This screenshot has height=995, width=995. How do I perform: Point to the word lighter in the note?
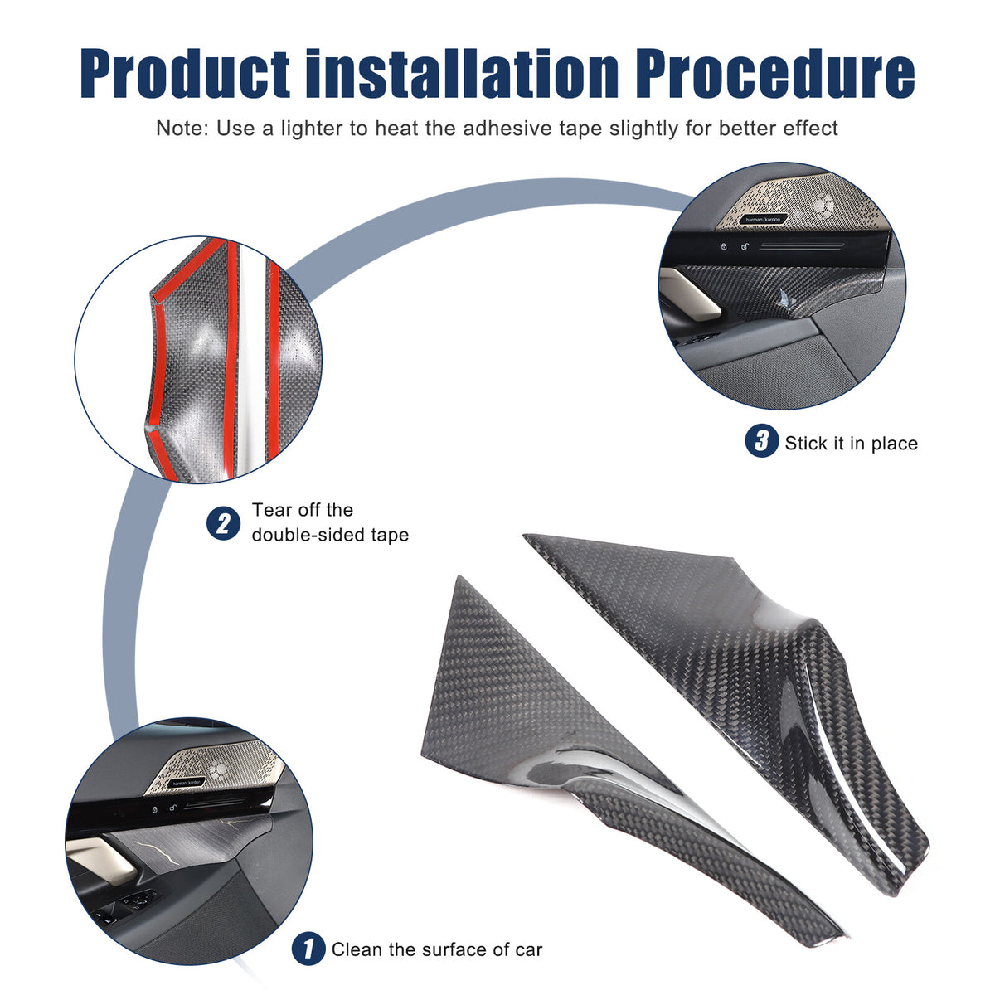(x=312, y=128)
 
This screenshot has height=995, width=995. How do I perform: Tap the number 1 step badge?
(x=308, y=949)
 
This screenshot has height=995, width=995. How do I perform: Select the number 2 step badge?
(x=224, y=523)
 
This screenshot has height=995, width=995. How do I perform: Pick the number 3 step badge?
(x=762, y=440)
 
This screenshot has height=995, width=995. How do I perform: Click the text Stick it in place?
(x=852, y=444)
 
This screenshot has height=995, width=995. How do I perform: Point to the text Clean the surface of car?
(x=437, y=949)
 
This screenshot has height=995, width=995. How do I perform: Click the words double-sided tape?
(x=331, y=535)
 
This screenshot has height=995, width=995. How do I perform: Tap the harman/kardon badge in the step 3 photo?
(x=762, y=220)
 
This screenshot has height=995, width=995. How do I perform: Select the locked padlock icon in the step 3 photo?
(x=724, y=246)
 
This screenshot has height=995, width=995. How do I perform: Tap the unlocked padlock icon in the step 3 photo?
(x=745, y=246)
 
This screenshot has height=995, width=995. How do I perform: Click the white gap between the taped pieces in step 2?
(x=251, y=362)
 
